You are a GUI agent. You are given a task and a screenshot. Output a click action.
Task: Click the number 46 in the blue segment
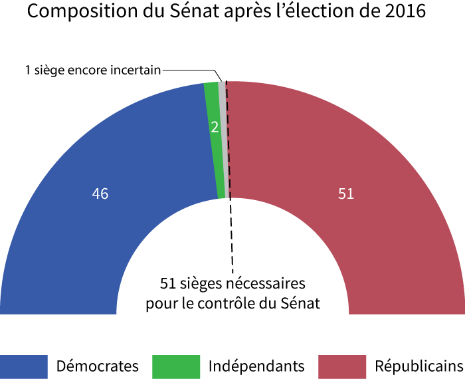[100, 194]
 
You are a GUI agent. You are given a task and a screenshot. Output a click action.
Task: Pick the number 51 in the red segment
[346, 194]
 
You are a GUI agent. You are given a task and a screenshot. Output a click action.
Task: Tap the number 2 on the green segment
[215, 127]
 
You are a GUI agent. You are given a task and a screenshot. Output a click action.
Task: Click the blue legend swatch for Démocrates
[24, 366]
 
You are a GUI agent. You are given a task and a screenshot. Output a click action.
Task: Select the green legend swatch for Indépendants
[176, 366]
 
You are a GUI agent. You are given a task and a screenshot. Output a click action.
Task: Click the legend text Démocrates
[98, 366]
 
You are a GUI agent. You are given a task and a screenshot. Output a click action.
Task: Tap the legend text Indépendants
[256, 366]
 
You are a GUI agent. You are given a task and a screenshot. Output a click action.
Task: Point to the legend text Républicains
[419, 366]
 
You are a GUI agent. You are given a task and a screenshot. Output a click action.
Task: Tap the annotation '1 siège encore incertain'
[93, 69]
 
